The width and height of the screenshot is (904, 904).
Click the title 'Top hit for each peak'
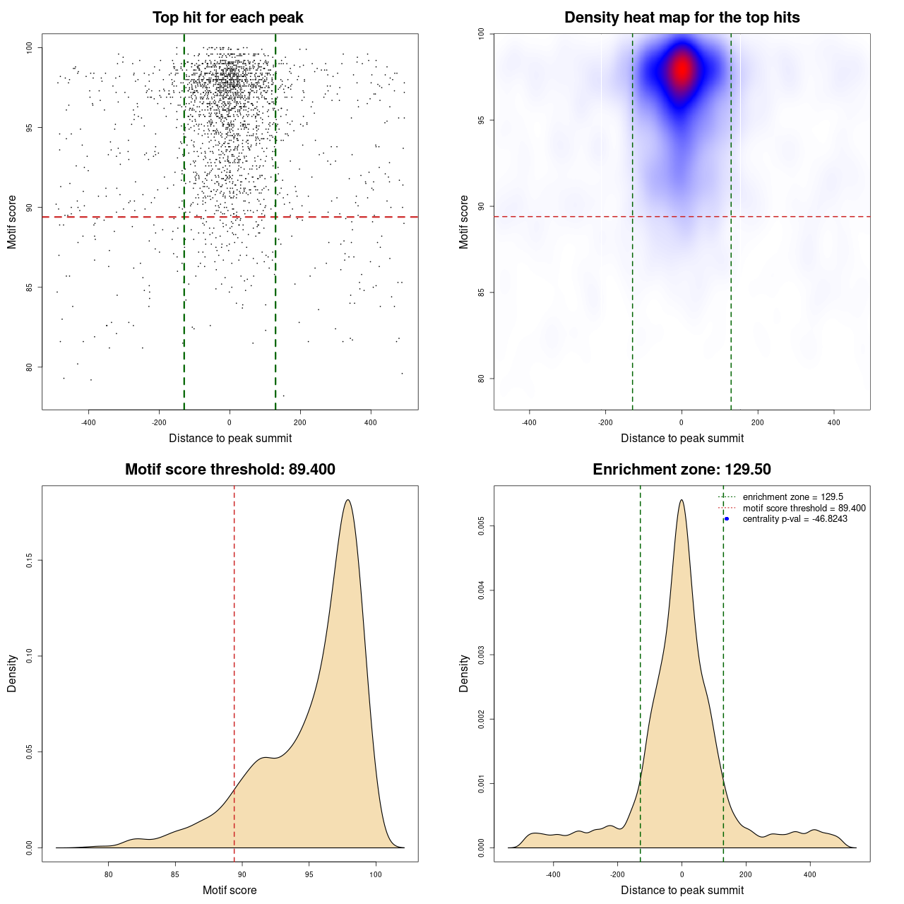(227, 18)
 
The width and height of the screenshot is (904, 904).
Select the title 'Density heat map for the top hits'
(682, 18)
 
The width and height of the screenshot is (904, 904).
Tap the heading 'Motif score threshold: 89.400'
(230, 469)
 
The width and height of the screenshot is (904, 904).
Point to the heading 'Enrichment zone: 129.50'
(682, 469)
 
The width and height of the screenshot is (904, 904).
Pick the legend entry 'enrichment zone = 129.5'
(793, 496)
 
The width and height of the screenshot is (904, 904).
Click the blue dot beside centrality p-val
(727, 519)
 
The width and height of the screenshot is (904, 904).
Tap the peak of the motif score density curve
(347, 499)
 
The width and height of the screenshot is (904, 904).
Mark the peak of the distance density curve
(682, 499)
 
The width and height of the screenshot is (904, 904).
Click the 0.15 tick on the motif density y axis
(29, 560)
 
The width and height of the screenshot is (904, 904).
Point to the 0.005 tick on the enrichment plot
(481, 526)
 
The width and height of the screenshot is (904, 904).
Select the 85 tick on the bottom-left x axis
(175, 874)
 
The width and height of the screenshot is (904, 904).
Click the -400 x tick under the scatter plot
(88, 422)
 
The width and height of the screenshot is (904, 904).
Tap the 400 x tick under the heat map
(833, 422)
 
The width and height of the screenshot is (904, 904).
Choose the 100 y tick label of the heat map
(481, 34)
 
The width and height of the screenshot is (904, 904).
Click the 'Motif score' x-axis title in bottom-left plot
(230, 890)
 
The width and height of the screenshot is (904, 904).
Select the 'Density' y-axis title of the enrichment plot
(464, 673)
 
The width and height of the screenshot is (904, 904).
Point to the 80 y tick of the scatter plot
(29, 367)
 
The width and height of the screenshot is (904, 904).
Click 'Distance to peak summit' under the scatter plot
(230, 438)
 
